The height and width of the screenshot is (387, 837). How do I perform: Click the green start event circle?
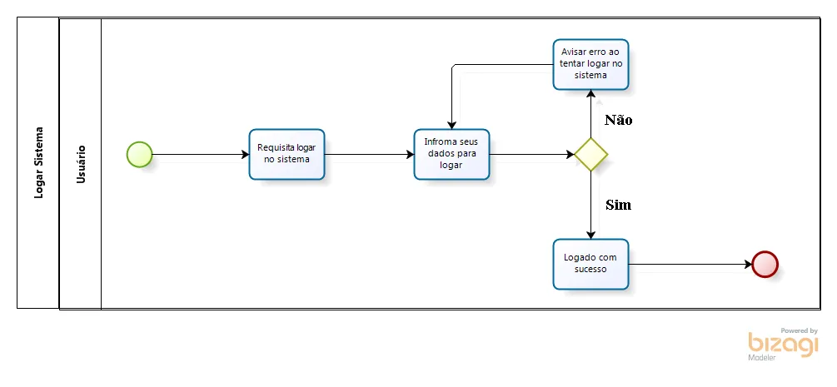139,155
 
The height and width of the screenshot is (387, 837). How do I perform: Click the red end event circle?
765,264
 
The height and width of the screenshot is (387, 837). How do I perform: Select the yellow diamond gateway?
591,155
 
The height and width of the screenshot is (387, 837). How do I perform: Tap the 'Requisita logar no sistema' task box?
286,154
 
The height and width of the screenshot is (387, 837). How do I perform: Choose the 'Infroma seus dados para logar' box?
451,154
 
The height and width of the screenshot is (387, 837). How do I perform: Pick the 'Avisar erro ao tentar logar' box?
591,65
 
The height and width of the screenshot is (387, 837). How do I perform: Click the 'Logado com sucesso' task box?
591,264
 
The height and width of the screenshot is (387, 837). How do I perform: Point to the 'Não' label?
619,120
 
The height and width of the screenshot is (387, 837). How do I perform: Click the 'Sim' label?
619,205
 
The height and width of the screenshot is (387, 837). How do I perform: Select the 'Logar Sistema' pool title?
38,163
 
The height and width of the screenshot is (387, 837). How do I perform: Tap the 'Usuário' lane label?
81,163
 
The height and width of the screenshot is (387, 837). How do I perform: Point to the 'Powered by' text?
799,330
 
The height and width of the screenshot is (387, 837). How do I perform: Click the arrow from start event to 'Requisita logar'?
201,155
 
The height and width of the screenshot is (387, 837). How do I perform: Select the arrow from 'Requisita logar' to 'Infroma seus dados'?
370,155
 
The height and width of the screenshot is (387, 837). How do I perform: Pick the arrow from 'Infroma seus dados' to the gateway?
532,155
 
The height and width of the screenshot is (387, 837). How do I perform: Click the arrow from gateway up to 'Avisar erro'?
591,114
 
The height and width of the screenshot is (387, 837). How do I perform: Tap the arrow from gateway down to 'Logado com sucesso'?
591,206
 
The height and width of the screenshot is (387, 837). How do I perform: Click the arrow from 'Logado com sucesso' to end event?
690,264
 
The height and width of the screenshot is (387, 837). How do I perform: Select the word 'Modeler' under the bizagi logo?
762,358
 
